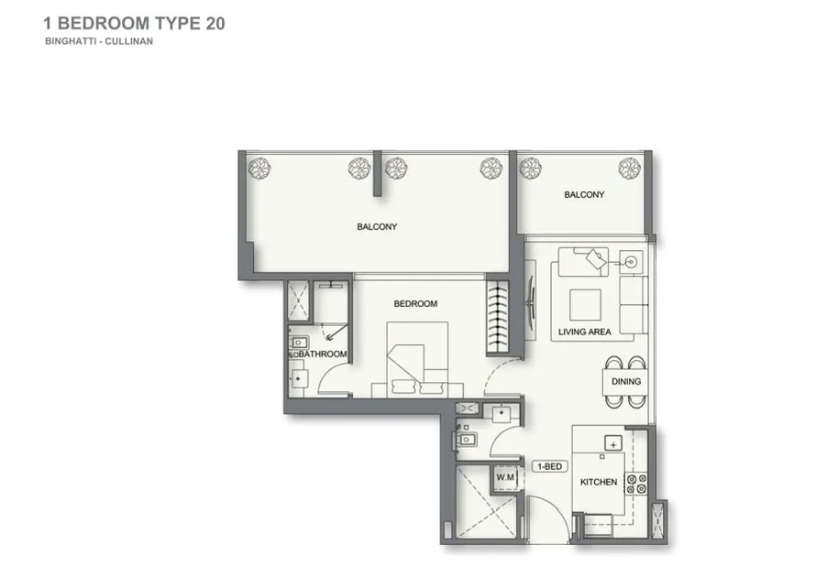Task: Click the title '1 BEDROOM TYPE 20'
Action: [x=134, y=24]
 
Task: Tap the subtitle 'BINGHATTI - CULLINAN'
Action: [x=99, y=41]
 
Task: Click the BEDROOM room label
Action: [x=415, y=304]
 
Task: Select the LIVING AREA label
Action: [x=584, y=332]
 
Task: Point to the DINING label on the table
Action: [x=626, y=381]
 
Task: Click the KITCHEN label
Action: [x=599, y=482]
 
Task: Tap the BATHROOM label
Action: [x=322, y=354]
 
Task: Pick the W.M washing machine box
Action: [x=505, y=477]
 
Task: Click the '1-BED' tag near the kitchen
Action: [x=549, y=466]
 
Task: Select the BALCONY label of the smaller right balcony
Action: [x=584, y=195]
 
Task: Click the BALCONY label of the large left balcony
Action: [x=377, y=226]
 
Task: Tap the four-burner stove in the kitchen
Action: [x=636, y=484]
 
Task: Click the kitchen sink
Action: [x=613, y=443]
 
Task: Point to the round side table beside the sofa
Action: [x=631, y=262]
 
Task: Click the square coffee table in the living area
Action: [x=585, y=305]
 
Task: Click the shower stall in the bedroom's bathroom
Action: [x=298, y=301]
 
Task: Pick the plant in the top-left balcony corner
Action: [x=259, y=169]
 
